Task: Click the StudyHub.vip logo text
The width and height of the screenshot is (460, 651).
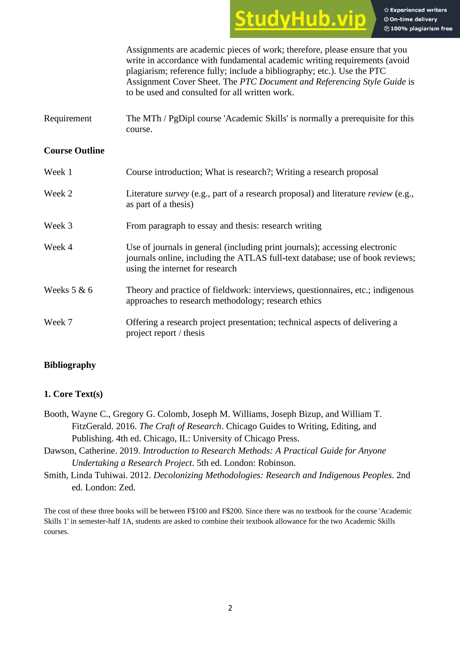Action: pos(300,19)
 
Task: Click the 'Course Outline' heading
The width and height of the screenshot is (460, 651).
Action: pos(74,151)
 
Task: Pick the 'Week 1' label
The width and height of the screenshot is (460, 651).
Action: pos(58,172)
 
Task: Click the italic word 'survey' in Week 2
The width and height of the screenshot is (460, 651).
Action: pos(177,194)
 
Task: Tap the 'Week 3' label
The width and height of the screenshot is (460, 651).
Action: pos(58,226)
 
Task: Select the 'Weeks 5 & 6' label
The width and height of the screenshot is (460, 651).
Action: pos(68,290)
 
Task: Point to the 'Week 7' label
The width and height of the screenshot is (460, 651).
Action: pos(58,322)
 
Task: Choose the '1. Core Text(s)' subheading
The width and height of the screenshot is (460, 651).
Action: pos(73,394)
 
